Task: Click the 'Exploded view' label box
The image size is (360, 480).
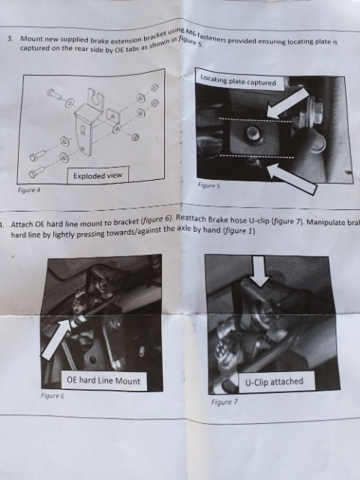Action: [x=98, y=175]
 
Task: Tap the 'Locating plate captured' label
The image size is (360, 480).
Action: [x=238, y=81]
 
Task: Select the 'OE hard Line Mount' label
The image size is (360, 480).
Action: [x=103, y=380]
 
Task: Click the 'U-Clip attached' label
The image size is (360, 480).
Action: [x=274, y=382]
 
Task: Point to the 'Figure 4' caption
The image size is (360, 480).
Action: [x=29, y=190]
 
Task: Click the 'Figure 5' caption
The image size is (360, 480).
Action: [x=208, y=185]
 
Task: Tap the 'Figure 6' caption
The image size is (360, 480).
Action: [x=52, y=395]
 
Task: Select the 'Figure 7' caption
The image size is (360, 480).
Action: [x=224, y=402]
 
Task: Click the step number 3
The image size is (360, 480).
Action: [x=10, y=39]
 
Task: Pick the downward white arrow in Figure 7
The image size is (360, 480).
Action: [x=259, y=271]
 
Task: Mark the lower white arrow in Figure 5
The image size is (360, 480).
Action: [x=292, y=179]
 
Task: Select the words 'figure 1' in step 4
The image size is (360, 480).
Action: [x=239, y=230]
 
